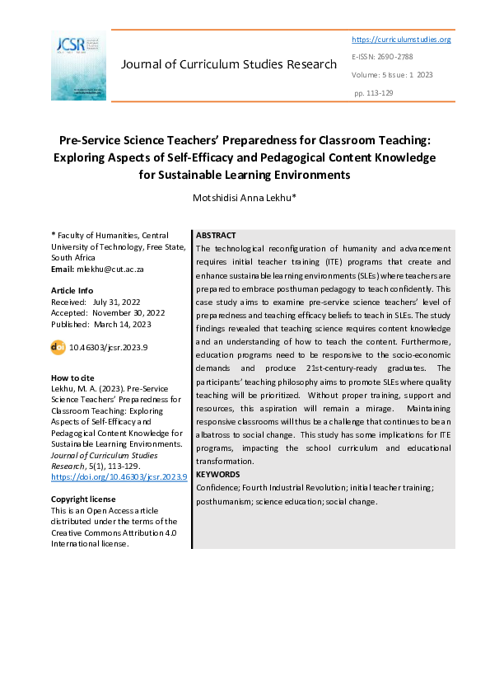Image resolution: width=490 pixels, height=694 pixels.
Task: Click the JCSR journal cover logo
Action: (x=78, y=65)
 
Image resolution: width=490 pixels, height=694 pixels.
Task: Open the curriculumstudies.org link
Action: (x=401, y=40)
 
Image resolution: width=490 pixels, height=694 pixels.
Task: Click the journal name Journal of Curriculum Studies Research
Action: (x=228, y=64)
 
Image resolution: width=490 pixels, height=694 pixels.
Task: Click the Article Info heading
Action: (x=72, y=291)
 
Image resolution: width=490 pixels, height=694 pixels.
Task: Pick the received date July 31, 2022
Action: (x=119, y=302)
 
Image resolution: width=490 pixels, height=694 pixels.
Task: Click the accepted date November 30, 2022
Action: (x=128, y=312)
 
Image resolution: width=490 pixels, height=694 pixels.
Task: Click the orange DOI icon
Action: (x=58, y=348)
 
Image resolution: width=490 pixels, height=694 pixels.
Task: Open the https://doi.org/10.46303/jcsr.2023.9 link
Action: (x=119, y=477)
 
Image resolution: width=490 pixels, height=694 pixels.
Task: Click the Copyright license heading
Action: (x=83, y=499)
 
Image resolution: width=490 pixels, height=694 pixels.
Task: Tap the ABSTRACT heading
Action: (x=216, y=236)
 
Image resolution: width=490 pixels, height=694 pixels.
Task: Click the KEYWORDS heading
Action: (x=218, y=474)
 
